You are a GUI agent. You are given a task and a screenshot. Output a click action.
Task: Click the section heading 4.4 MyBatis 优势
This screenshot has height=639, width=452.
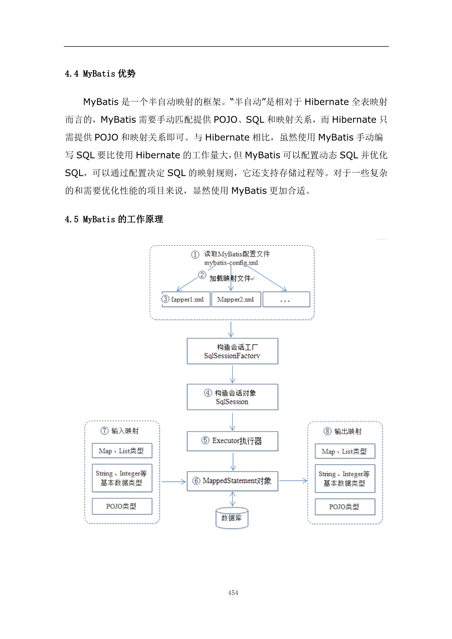click(x=100, y=74)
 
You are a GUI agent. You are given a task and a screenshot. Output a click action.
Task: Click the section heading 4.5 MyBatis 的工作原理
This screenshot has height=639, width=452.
click(x=114, y=219)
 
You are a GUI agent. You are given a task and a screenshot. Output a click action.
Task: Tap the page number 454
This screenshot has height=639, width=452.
click(x=233, y=593)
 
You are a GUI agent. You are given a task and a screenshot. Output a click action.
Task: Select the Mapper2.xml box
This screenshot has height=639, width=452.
click(x=236, y=299)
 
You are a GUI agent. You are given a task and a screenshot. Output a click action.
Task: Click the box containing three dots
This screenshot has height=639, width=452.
click(x=286, y=300)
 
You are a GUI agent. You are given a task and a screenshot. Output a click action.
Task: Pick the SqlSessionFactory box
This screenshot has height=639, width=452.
click(x=232, y=351)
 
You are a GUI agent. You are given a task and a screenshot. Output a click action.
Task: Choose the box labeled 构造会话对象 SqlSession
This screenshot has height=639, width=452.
click(x=232, y=397)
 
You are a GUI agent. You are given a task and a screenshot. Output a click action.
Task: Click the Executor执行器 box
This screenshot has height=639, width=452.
click(x=232, y=441)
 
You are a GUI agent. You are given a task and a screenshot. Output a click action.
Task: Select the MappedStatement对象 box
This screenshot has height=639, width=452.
click(x=232, y=481)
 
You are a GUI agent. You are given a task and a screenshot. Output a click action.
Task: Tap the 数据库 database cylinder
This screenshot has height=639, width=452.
click(x=232, y=518)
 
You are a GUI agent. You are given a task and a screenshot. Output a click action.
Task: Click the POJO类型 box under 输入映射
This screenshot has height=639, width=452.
click(x=122, y=506)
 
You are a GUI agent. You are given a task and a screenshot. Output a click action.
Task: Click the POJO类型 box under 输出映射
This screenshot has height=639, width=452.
click(x=345, y=507)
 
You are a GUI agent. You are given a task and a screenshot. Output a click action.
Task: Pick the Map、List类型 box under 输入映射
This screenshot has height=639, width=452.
click(x=122, y=451)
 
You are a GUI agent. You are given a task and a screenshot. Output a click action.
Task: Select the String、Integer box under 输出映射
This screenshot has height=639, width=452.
click(x=345, y=479)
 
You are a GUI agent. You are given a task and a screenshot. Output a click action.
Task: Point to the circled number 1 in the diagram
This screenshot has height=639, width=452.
click(x=195, y=254)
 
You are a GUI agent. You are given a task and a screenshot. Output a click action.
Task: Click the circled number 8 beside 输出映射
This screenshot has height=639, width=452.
click(x=327, y=432)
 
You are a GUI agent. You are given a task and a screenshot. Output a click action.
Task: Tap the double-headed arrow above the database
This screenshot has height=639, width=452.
click(x=233, y=499)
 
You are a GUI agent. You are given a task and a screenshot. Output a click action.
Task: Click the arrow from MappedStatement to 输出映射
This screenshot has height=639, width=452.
click(x=293, y=481)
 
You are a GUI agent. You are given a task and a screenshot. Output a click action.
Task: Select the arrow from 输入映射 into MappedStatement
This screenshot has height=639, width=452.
click(x=174, y=482)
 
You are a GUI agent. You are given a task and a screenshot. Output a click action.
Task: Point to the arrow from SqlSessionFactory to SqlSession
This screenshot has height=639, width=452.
click(x=233, y=374)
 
